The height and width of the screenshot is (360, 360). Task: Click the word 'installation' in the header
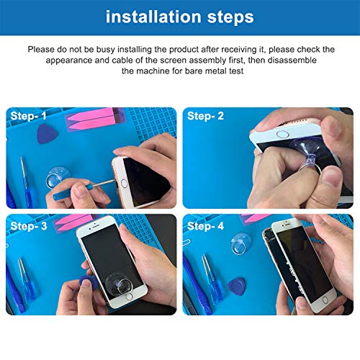pyautogui.click(x=153, y=17)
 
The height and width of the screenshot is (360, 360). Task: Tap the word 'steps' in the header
pyautogui.click(x=230, y=18)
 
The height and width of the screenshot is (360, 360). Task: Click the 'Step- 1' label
pyautogui.click(x=28, y=116)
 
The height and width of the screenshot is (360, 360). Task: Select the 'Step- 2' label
pyautogui.click(x=205, y=116)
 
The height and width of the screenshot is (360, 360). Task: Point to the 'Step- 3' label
pyautogui.click(x=29, y=226)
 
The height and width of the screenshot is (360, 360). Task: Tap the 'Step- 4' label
pyautogui.click(x=205, y=226)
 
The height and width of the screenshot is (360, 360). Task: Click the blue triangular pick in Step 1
pyautogui.click(x=47, y=134)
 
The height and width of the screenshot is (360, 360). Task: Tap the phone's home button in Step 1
pyautogui.click(x=124, y=184)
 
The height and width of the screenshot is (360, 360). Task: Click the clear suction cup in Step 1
pyautogui.click(x=58, y=177)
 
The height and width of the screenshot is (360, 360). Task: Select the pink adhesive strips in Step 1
pyautogui.click(x=95, y=120)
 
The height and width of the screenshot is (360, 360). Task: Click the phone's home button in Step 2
pyautogui.click(x=282, y=134)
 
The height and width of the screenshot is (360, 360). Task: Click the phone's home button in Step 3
pyautogui.click(x=129, y=297)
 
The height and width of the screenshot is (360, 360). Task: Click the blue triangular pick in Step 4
pyautogui.click(x=237, y=286)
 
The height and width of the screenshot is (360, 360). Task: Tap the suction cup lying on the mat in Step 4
pyautogui.click(x=240, y=243)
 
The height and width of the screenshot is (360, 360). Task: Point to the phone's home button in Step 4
pyautogui.click(x=325, y=300)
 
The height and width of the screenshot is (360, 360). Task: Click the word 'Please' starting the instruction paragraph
pyautogui.click(x=41, y=50)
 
